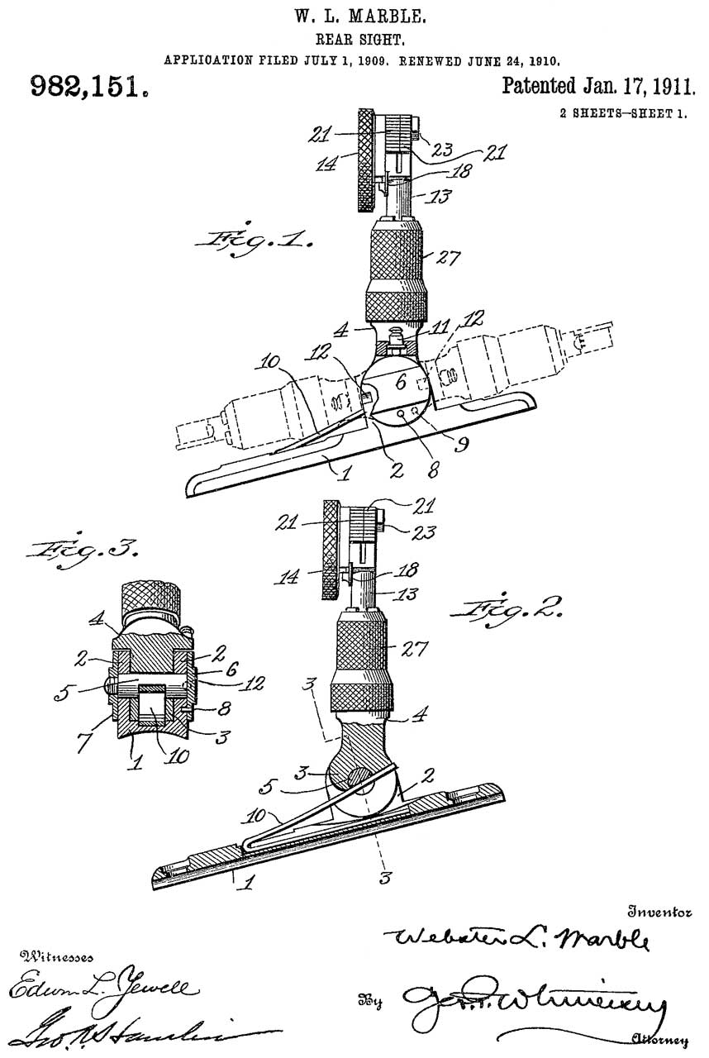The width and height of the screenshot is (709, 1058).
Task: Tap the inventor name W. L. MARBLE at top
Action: click(x=354, y=15)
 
